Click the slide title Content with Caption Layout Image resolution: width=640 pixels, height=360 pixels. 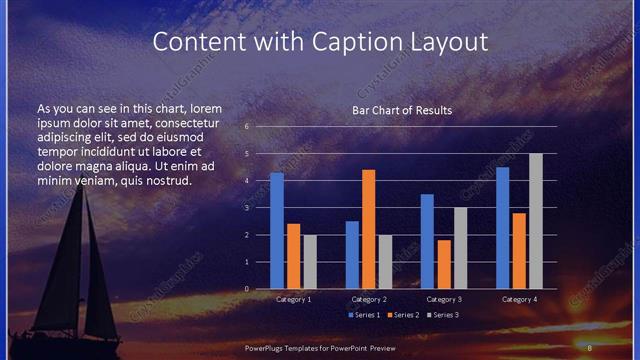pyautogui.click(x=320, y=42)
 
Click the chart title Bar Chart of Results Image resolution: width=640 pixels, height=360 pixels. pyautogui.click(x=402, y=110)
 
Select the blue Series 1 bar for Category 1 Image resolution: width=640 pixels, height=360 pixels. pyautogui.click(x=277, y=231)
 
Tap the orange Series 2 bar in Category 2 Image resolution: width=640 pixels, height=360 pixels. pyautogui.click(x=368, y=229)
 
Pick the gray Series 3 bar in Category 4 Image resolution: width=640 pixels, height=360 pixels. pyautogui.click(x=535, y=221)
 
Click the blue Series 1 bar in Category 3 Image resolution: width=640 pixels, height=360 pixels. pyautogui.click(x=427, y=241)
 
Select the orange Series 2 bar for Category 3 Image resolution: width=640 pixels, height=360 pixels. pyautogui.click(x=443, y=264)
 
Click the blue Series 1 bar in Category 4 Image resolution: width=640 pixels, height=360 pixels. pyautogui.click(x=502, y=228)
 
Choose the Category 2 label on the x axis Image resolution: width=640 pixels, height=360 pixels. pyautogui.click(x=368, y=299)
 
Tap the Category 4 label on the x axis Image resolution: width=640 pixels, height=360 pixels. pyautogui.click(x=518, y=299)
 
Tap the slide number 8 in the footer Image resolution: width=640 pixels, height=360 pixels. pyautogui.click(x=590, y=347)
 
